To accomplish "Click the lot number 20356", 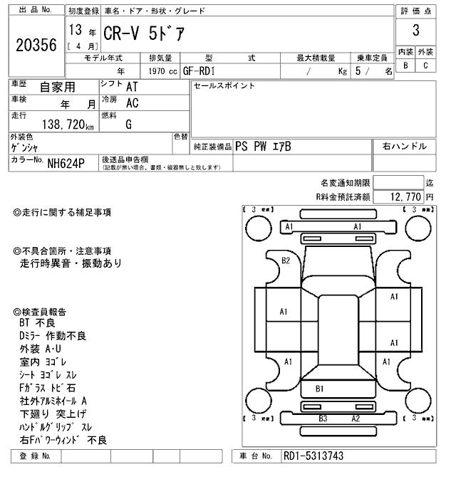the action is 36,44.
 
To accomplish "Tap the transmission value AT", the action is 132,87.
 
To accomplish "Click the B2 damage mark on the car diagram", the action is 286,261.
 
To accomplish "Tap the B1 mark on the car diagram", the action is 321,389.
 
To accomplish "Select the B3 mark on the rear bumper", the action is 322,419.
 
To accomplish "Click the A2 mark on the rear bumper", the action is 356,419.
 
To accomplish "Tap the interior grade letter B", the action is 406,65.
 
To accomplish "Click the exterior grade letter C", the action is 425,65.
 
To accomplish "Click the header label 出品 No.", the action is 35,11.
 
